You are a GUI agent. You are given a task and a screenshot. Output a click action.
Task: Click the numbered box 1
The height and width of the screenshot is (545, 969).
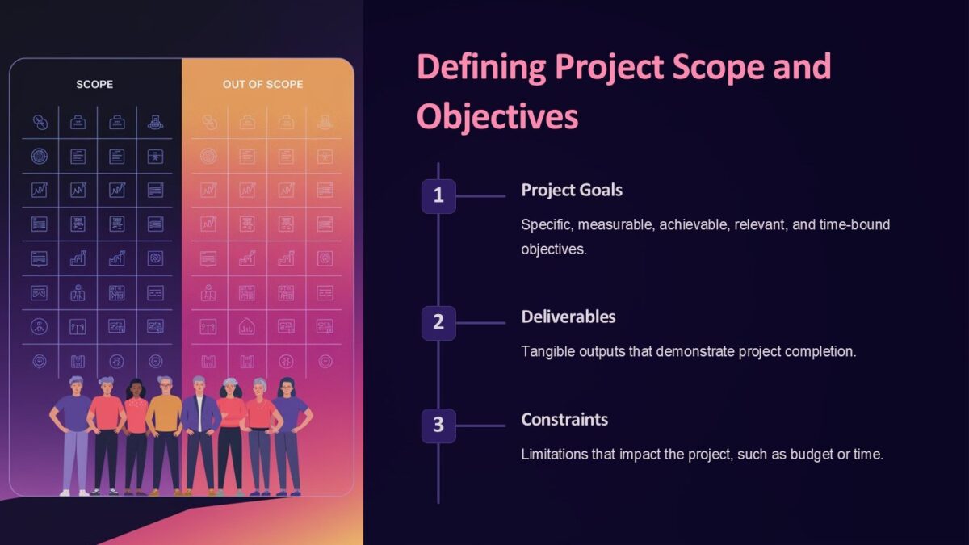(x=438, y=195)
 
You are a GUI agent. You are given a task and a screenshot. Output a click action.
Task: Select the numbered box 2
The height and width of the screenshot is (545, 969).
(x=438, y=322)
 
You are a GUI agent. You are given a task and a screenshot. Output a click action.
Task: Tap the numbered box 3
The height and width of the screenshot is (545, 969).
(x=438, y=425)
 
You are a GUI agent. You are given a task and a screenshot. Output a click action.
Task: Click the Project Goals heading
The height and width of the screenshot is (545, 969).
(x=571, y=190)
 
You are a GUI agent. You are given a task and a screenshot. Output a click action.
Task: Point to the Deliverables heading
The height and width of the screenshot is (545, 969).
(x=568, y=317)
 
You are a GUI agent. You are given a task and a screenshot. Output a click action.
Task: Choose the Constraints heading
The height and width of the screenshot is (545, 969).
(x=564, y=420)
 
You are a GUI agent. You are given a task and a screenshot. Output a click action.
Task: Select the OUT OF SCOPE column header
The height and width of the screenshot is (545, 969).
(x=263, y=84)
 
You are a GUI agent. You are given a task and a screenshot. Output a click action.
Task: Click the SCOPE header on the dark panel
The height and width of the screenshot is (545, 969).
(x=94, y=84)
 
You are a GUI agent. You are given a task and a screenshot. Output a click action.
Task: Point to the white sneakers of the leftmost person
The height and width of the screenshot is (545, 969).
(x=74, y=491)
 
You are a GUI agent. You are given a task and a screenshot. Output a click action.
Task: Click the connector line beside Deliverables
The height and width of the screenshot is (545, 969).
(x=480, y=323)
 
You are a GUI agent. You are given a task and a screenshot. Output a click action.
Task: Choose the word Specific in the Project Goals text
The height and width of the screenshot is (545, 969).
(x=545, y=224)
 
